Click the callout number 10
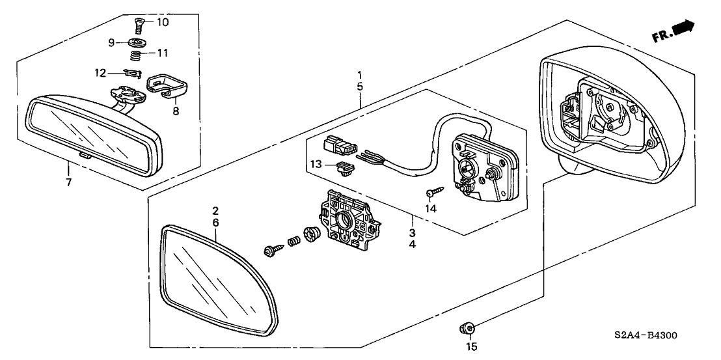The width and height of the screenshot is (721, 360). [x=162, y=23]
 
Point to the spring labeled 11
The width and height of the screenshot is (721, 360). [x=137, y=53]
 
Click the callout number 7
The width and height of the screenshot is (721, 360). [x=68, y=182]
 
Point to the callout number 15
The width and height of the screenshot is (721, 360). [x=471, y=346]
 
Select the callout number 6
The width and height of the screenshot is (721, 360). [x=215, y=222]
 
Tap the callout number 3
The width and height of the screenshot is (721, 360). [x=412, y=232]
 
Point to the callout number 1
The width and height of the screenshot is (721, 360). [x=360, y=75]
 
